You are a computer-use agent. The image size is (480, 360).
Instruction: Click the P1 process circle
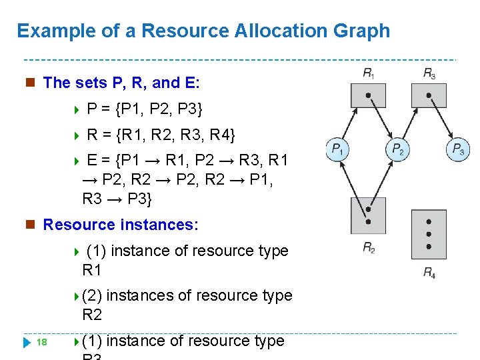click(x=337, y=149)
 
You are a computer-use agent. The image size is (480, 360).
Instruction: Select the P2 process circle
click(x=397, y=149)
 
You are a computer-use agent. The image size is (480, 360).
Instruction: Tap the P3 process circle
click(x=458, y=149)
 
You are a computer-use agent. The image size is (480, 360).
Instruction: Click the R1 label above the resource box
click(x=368, y=73)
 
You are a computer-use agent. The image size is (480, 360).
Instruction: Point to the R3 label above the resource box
click(x=429, y=73)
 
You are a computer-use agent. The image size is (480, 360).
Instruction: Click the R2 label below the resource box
click(x=369, y=248)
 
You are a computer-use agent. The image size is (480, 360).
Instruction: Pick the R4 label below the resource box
click(x=429, y=271)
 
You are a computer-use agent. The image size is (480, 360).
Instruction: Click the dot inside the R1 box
click(x=368, y=95)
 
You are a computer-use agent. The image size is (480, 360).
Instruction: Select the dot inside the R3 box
click(x=429, y=95)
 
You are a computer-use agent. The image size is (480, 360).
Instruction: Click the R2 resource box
click(x=368, y=215)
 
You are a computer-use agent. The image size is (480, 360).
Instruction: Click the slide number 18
click(x=41, y=342)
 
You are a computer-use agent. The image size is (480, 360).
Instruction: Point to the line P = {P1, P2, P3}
click(x=145, y=109)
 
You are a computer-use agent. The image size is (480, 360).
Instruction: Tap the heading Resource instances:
click(x=121, y=225)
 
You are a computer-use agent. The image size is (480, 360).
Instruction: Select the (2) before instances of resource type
click(x=92, y=295)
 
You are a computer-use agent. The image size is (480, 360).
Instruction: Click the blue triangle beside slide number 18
click(x=27, y=343)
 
